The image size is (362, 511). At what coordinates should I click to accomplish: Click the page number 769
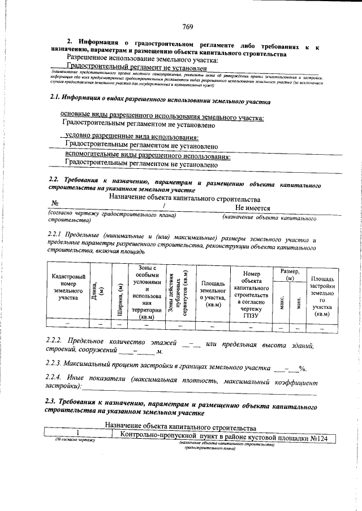188,27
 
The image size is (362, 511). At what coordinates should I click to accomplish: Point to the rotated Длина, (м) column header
101,292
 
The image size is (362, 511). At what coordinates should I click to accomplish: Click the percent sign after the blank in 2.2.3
303,369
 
